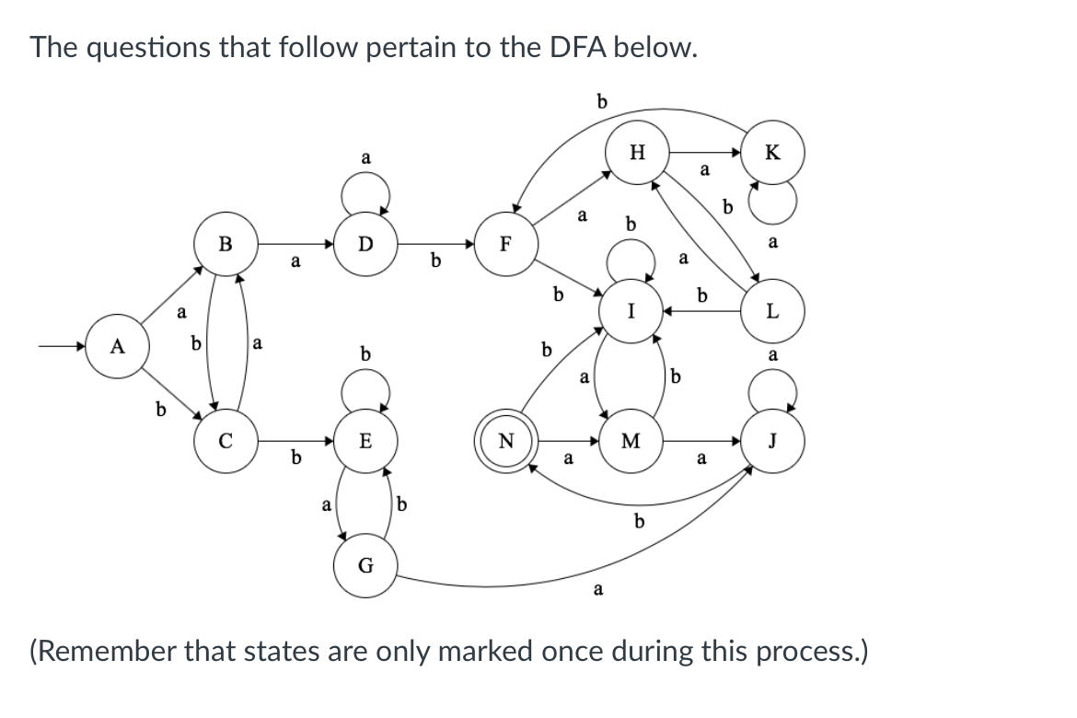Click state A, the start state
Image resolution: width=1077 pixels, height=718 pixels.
click(x=116, y=347)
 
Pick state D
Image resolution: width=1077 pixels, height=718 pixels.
click(x=365, y=244)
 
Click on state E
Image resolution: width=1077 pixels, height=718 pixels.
click(x=365, y=441)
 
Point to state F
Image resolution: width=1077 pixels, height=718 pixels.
click(x=504, y=244)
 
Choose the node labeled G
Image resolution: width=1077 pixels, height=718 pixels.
click(x=365, y=565)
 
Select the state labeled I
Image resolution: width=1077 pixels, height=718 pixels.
click(x=631, y=311)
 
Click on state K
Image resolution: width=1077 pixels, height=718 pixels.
click(x=773, y=152)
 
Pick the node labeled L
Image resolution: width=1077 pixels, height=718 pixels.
click(x=773, y=311)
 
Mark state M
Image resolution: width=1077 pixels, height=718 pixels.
click(x=631, y=441)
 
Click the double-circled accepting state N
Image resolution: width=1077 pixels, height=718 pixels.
click(x=504, y=441)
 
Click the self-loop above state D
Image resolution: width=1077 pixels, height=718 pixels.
click(x=365, y=192)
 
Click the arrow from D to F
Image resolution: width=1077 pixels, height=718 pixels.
click(x=436, y=244)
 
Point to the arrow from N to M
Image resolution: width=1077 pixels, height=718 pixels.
click(x=567, y=441)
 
